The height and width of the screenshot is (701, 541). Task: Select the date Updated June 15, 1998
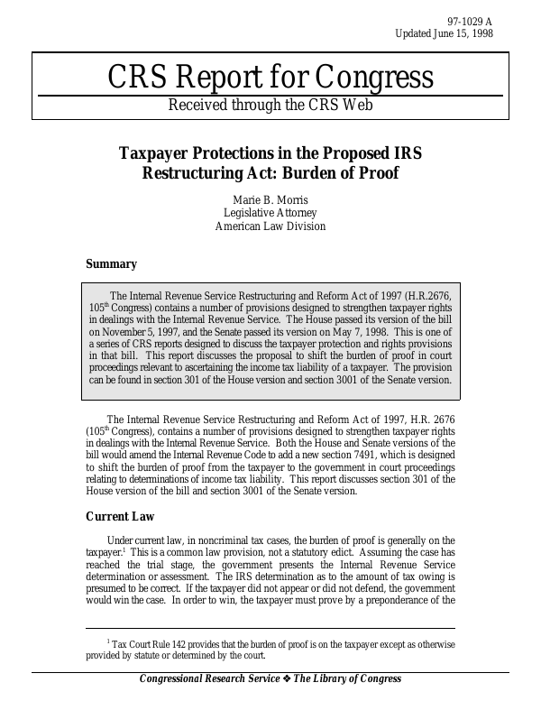[445, 33]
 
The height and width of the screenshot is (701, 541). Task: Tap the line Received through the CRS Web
[270, 105]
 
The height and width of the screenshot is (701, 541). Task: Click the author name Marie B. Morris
[270, 198]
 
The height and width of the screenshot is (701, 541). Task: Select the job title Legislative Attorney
[270, 213]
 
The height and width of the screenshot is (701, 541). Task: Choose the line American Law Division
[270, 226]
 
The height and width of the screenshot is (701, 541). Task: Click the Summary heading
[111, 264]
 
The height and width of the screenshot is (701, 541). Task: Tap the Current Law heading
[120, 517]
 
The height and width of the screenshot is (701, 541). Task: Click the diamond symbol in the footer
[288, 679]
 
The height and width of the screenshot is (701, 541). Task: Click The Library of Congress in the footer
[347, 679]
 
